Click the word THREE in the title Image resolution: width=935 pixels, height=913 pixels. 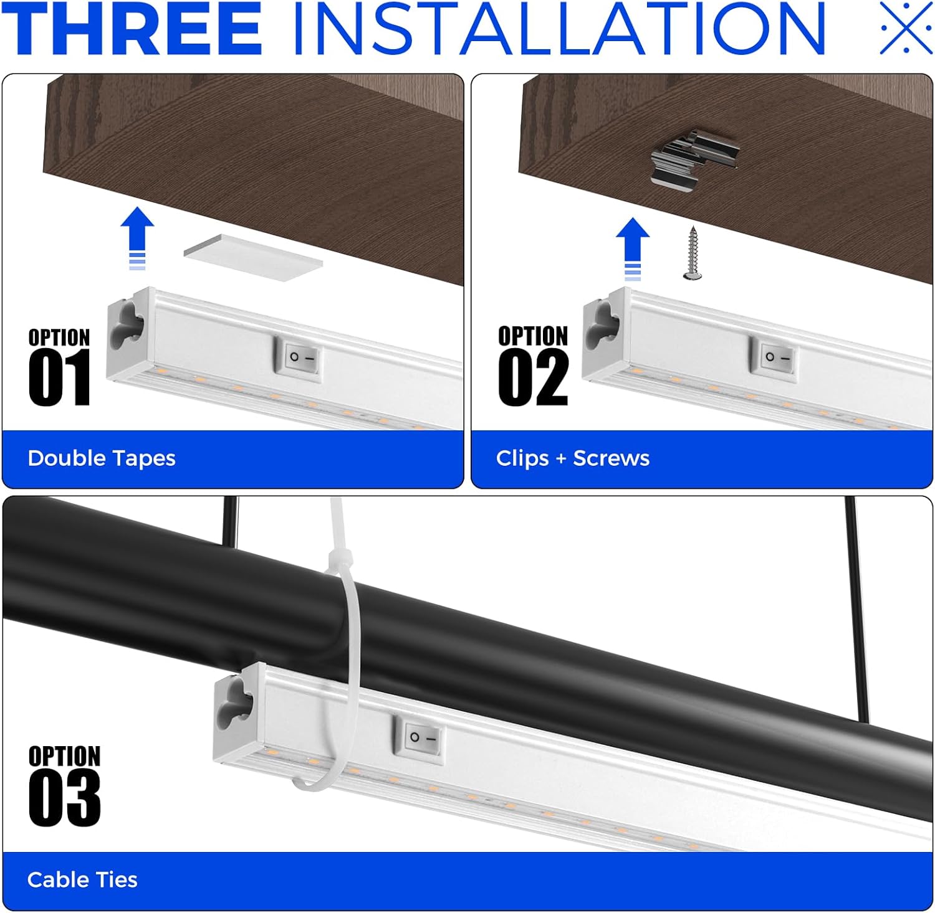(x=132, y=28)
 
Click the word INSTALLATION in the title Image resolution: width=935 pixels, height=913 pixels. (x=559, y=28)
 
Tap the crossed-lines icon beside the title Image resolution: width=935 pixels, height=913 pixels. (x=906, y=27)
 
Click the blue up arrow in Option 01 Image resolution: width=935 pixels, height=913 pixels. (x=137, y=239)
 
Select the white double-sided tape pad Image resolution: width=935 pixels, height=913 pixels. (x=253, y=257)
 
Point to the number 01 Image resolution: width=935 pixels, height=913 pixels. (x=59, y=377)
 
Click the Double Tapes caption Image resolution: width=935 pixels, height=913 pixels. (x=102, y=458)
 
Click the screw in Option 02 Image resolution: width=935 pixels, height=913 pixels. (x=691, y=253)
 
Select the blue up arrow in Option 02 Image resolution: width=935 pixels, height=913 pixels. (x=632, y=248)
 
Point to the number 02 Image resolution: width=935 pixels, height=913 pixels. (x=534, y=377)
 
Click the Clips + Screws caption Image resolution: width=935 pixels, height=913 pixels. (x=573, y=458)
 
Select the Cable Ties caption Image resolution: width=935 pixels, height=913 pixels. (x=82, y=880)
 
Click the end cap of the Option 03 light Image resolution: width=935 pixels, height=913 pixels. (x=235, y=716)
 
